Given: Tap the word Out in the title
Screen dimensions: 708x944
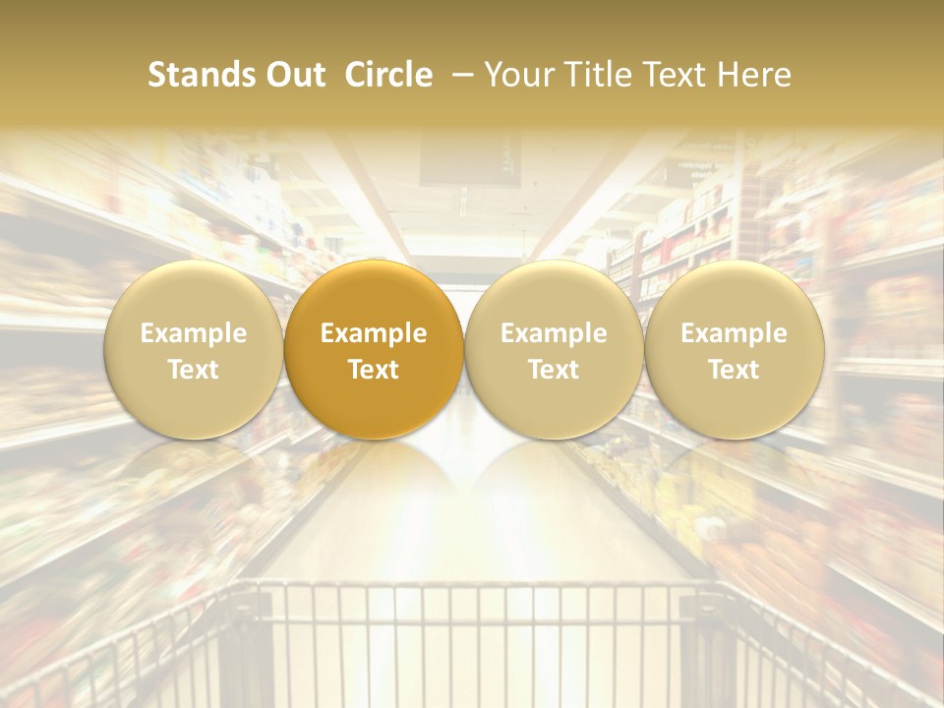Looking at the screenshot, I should point(294,75).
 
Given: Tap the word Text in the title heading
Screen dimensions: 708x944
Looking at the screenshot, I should point(678,75).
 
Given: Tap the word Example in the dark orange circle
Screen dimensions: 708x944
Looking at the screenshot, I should point(374,333).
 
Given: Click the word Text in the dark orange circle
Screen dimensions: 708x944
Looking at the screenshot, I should point(374,370).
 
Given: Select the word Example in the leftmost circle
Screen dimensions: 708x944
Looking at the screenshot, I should point(193,333).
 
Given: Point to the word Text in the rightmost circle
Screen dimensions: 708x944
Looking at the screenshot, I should point(735,370).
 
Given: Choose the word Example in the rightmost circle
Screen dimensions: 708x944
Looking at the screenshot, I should point(735,333).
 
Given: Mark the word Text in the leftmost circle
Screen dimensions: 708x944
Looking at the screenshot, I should point(193,370).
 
